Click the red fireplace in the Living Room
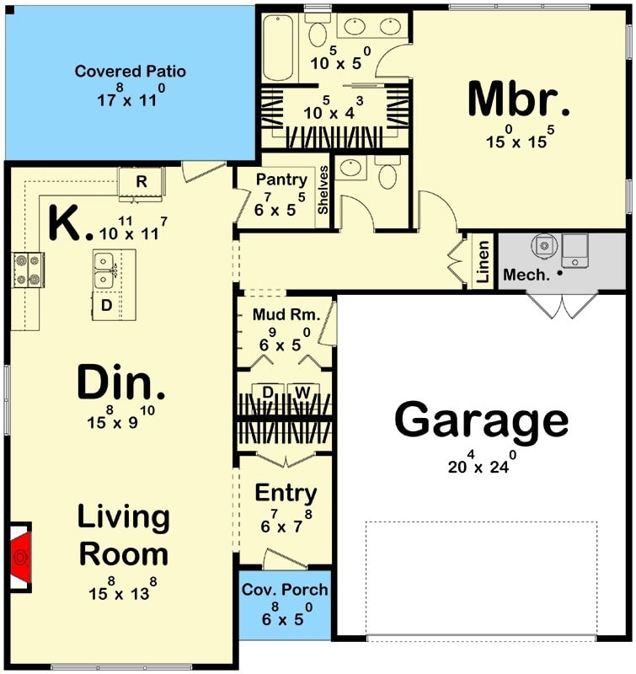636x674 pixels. tap(20, 557)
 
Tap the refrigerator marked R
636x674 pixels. tap(142, 182)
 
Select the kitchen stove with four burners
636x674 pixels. tap(27, 270)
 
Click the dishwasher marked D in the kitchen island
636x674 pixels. tap(107, 305)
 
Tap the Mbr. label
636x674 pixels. tap(519, 100)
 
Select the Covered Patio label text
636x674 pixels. tap(131, 71)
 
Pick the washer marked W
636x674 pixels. tap(301, 392)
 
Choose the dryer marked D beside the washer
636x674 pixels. tap(268, 392)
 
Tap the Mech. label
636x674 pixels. tap(526, 275)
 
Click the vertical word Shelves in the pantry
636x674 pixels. tap(323, 190)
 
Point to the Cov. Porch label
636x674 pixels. tap(285, 590)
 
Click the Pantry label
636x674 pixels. tap(281, 179)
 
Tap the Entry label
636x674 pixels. tap(286, 493)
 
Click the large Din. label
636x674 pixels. tap(120, 384)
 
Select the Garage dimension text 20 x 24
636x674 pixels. tap(482, 463)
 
